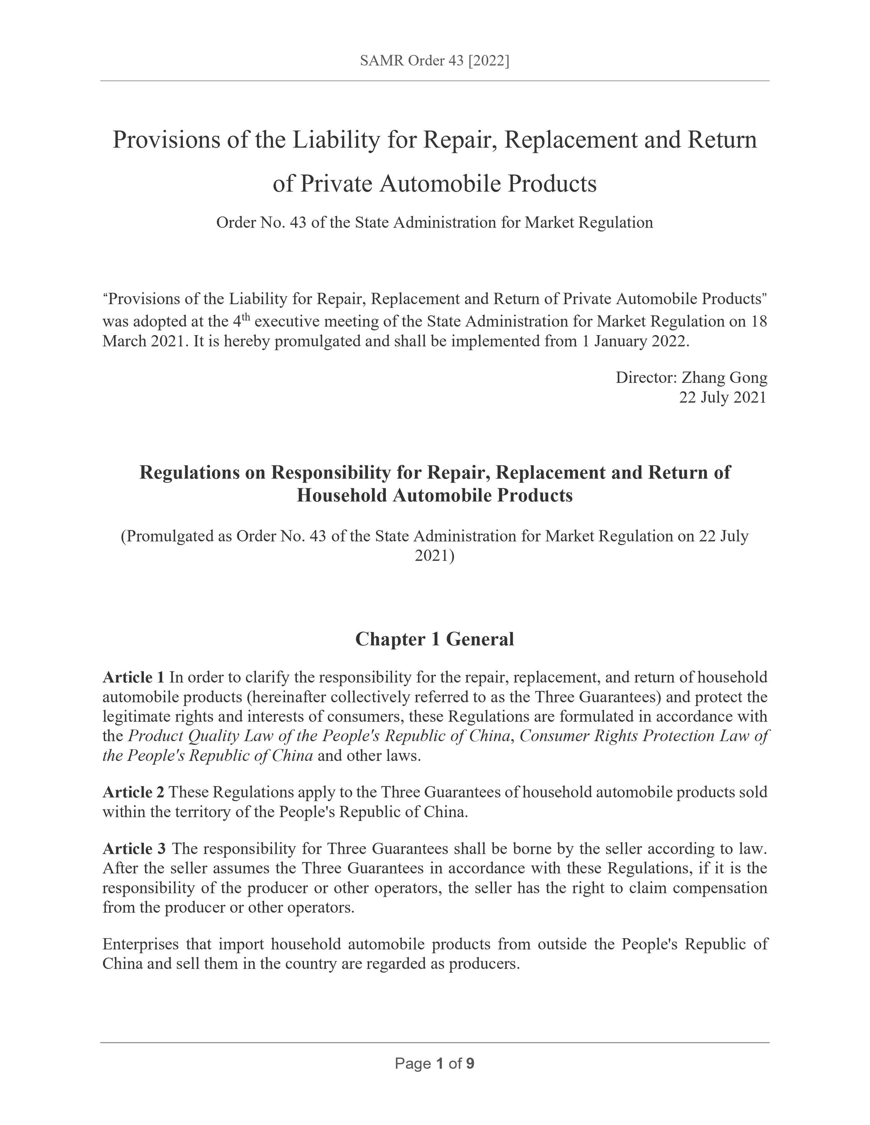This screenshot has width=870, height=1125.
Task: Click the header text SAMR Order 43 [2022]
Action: pyautogui.click(x=435, y=61)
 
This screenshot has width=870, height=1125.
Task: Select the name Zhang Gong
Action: pyautogui.click(x=724, y=378)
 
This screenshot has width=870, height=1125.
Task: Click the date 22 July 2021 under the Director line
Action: pyautogui.click(x=722, y=397)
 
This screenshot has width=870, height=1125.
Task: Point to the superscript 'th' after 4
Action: pyautogui.click(x=246, y=317)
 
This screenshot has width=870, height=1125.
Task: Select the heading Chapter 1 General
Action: pyautogui.click(x=435, y=639)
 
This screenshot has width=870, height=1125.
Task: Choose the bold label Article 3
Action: pyautogui.click(x=134, y=848)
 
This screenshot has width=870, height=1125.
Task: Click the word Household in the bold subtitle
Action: pyautogui.click(x=342, y=495)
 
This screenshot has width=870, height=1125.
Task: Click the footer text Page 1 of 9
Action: pyautogui.click(x=435, y=1063)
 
